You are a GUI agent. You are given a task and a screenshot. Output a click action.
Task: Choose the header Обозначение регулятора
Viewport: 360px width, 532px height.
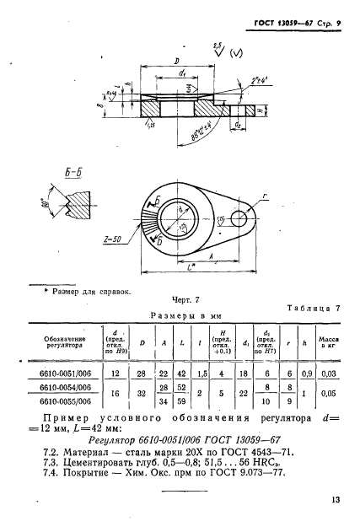click(67, 342)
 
